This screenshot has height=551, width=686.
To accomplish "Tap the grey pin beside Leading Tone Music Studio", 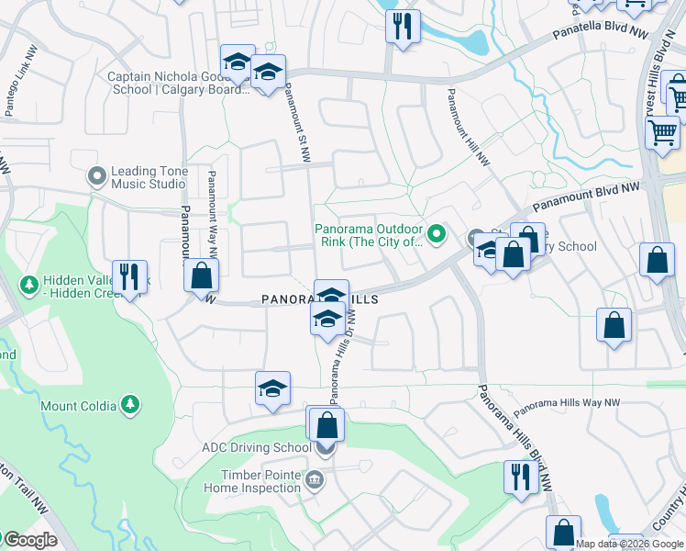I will click(x=96, y=174).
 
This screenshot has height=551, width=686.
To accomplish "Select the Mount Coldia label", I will click(x=78, y=405).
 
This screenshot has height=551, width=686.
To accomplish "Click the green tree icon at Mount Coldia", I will click(x=131, y=404).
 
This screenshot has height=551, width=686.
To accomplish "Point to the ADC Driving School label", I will click(x=256, y=448).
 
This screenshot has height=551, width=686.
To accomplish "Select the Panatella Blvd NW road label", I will click(x=600, y=34).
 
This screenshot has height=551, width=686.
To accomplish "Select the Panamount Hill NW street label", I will click(x=468, y=127).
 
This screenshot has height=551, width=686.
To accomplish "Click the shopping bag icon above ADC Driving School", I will click(x=326, y=426).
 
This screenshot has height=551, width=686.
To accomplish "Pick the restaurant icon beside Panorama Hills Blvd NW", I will click(x=519, y=477).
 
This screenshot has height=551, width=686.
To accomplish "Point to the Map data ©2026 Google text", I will click(x=630, y=544).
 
